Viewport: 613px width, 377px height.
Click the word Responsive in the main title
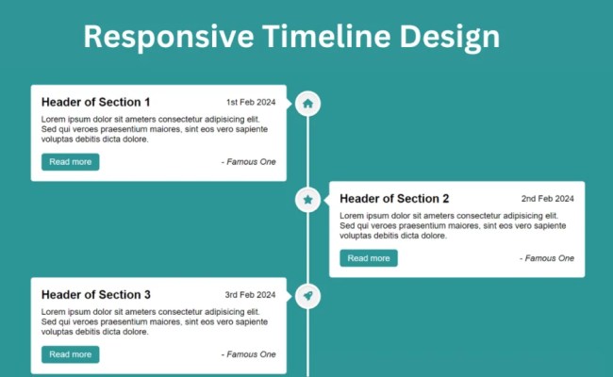168,37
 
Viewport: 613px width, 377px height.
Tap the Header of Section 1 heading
95,102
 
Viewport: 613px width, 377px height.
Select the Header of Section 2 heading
394,199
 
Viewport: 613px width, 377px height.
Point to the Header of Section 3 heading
95,295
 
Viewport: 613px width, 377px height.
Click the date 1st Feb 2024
250,103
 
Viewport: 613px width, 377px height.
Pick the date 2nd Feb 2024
547,199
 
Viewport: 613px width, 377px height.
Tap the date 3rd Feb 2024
250,295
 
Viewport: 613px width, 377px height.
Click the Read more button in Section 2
368,258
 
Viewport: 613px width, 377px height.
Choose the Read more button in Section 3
70,354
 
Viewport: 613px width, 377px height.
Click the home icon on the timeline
307,103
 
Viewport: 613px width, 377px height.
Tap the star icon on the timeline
307,200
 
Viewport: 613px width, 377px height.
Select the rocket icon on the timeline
307,296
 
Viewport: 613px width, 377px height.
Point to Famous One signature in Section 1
249,162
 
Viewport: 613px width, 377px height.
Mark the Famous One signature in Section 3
249,354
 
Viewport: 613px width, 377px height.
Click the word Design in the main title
442,37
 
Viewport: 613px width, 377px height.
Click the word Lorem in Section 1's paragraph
54,120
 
